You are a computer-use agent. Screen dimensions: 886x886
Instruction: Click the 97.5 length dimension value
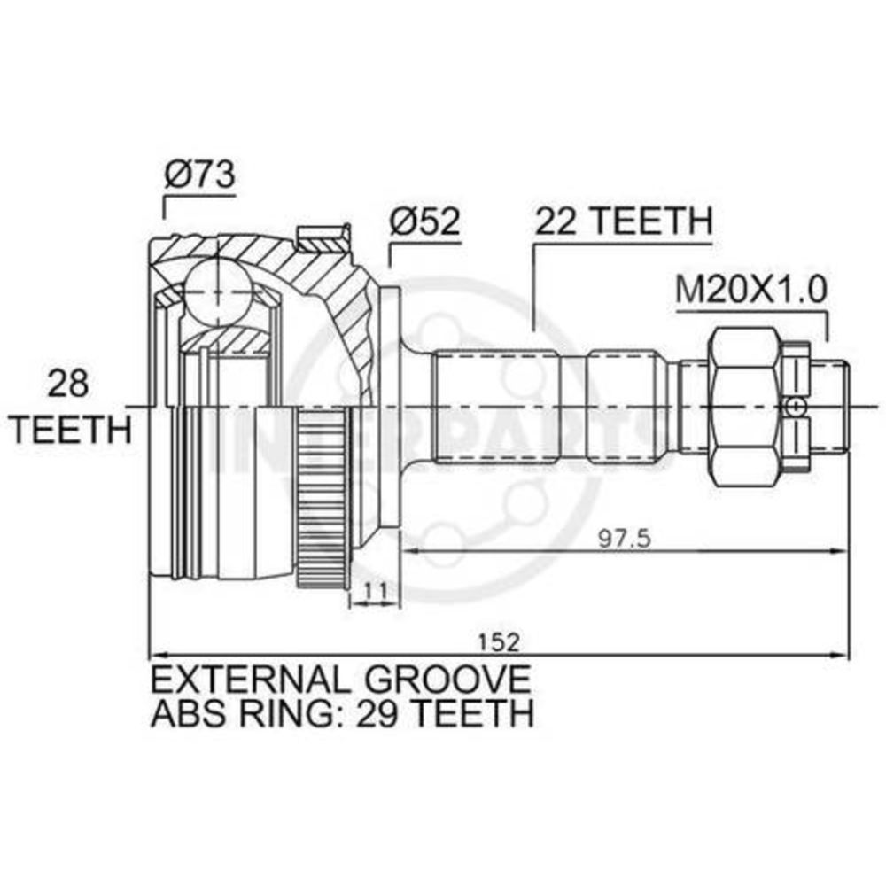pos(625,539)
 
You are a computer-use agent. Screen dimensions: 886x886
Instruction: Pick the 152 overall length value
pos(498,642)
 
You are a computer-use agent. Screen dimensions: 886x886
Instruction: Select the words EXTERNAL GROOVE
pos(341,680)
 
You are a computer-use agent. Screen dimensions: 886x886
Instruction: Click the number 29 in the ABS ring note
pos(377,713)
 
